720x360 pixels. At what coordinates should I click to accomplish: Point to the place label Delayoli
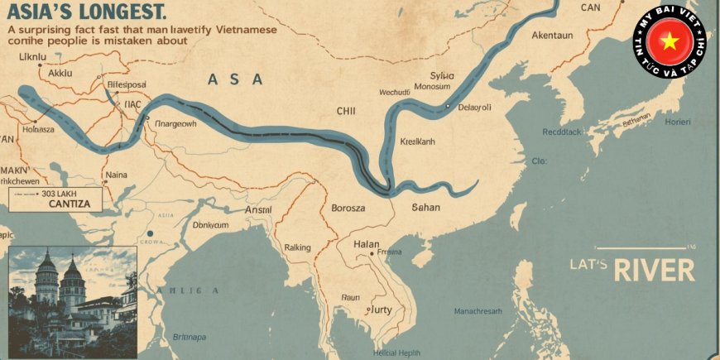click(475, 107)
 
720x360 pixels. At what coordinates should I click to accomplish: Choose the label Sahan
click(426, 207)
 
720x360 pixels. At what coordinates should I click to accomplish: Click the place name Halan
click(366, 244)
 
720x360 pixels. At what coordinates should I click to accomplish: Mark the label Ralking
click(297, 247)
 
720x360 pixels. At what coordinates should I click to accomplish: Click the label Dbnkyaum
click(210, 224)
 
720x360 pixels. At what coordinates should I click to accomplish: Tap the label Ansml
click(258, 210)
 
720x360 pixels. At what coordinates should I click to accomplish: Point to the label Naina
click(116, 175)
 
